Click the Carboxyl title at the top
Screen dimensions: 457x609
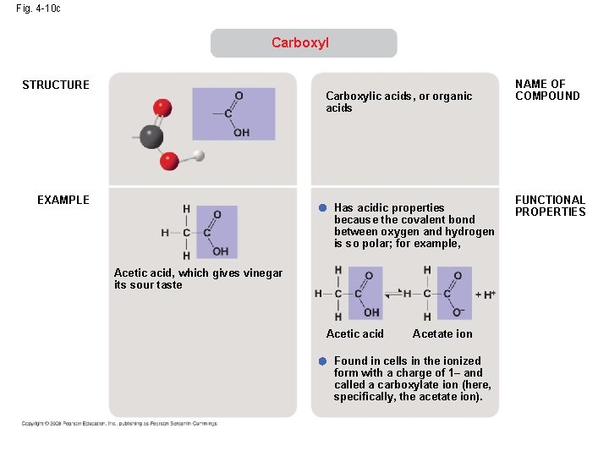coord(300,42)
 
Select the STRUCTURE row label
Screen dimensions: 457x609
coord(56,85)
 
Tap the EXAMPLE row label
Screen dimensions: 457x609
coord(63,200)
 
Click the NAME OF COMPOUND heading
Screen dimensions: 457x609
coord(547,90)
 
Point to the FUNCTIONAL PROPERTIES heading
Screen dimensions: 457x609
coord(551,206)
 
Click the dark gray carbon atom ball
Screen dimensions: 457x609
coord(151,136)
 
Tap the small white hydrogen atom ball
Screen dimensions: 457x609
coord(199,155)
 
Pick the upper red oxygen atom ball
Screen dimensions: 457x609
coord(162,107)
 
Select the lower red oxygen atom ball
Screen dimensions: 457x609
coord(169,160)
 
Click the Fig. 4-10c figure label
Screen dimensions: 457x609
coord(38,8)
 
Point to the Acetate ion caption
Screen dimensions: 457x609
coord(442,333)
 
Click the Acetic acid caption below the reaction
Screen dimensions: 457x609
coord(354,333)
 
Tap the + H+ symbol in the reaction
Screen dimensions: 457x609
coord(486,294)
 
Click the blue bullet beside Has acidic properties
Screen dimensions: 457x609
coord(322,208)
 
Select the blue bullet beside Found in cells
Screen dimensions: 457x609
coord(322,361)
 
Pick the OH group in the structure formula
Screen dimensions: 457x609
coord(241,132)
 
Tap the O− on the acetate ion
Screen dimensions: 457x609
coord(458,312)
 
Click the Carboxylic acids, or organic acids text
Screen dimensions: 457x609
coord(398,102)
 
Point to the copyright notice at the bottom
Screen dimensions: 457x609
coord(119,423)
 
